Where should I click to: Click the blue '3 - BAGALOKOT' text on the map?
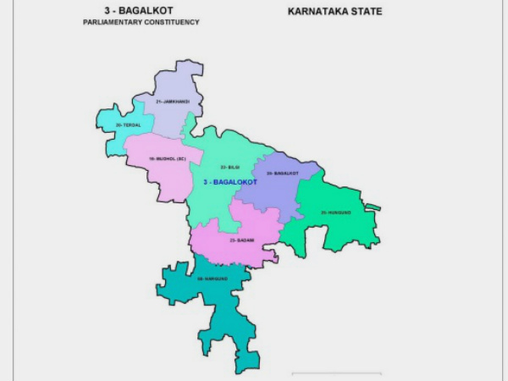[x=230, y=182]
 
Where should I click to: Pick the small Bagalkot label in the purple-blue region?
[x=282, y=174]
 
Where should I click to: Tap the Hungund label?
[x=337, y=213]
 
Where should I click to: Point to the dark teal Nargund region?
[x=212, y=305]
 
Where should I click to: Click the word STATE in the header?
[x=366, y=12]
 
